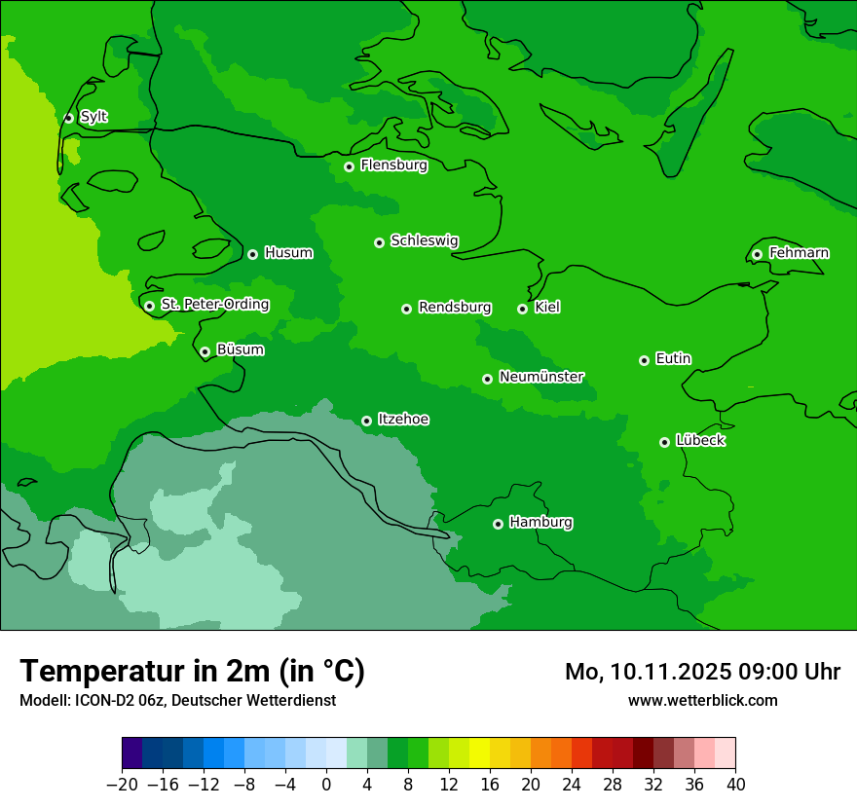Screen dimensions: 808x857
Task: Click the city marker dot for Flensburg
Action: tap(349, 166)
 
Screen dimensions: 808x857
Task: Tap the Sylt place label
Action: tap(93, 117)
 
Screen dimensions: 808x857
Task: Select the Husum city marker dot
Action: tap(252, 254)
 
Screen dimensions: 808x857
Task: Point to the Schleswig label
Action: tap(424, 240)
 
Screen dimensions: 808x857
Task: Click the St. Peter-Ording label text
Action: tap(214, 305)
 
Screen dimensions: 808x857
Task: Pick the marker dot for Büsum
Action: tap(205, 351)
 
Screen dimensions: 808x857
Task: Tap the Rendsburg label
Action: tap(454, 308)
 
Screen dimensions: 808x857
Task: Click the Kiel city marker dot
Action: tap(522, 309)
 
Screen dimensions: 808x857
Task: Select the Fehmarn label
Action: tap(799, 253)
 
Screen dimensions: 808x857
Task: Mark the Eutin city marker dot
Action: tap(644, 360)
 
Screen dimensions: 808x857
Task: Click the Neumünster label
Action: tap(540, 377)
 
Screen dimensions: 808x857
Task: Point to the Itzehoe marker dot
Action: tap(366, 421)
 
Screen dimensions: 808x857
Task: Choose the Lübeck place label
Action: tap(700, 441)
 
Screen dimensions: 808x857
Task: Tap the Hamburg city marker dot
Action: tap(498, 524)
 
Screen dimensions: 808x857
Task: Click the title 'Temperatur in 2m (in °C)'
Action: tap(192, 671)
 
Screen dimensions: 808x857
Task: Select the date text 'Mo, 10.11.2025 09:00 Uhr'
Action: tap(702, 672)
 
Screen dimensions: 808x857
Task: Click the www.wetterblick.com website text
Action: tap(702, 700)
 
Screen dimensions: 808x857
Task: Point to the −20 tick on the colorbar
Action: tap(122, 784)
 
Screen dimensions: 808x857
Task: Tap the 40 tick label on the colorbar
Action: tap(735, 784)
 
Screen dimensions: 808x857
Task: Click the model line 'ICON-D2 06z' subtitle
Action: tap(177, 700)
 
